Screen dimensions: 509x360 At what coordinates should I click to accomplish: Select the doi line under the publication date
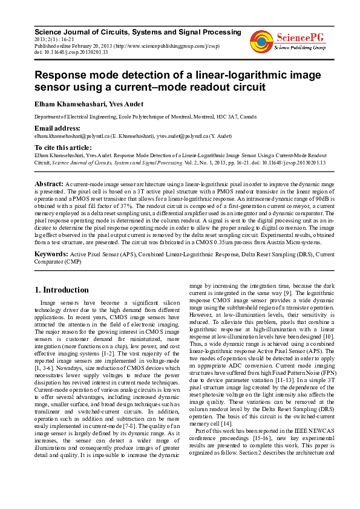pos(71,52)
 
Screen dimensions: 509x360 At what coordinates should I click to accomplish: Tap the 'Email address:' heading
pos(57,128)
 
